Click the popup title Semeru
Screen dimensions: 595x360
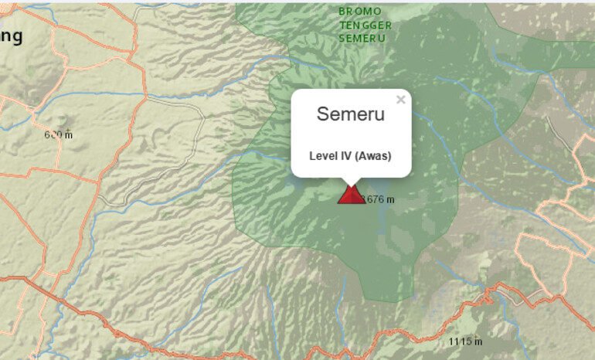tap(350, 114)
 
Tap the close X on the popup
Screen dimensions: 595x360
tap(400, 100)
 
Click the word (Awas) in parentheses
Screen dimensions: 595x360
tap(373, 156)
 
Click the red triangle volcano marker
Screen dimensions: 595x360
tap(351, 194)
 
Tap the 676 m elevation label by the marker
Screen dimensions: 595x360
tap(379, 199)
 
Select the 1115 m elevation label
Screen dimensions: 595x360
tap(465, 341)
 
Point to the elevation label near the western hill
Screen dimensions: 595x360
tap(58, 135)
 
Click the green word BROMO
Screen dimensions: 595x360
tap(360, 12)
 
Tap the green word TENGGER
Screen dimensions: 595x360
tap(365, 25)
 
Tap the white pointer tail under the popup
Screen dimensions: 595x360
tap(352, 181)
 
